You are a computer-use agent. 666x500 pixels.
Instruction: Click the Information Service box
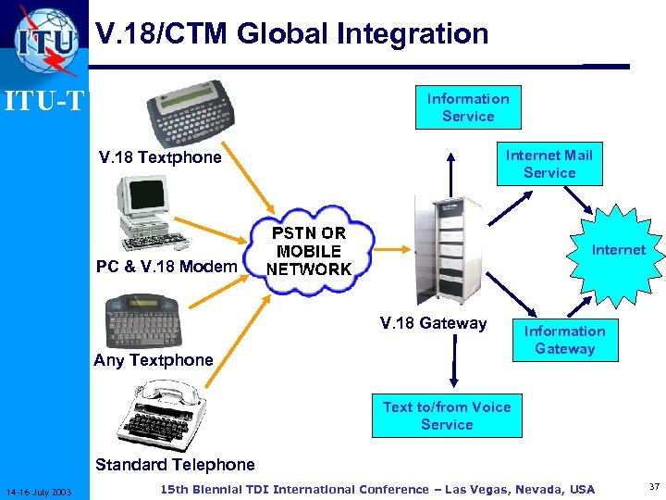[x=468, y=107]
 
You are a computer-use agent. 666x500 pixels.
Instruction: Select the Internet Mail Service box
[x=549, y=164]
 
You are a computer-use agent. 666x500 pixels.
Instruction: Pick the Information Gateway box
[x=564, y=340]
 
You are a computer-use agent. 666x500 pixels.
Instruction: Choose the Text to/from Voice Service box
[x=447, y=416]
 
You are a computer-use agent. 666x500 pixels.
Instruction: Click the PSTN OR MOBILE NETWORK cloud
[x=309, y=251]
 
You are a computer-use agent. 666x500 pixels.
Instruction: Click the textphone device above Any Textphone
[x=148, y=319]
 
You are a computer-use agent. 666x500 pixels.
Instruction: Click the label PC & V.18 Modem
[x=166, y=267]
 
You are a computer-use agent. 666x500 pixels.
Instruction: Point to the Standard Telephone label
[x=175, y=464]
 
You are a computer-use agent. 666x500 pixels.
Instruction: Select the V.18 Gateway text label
[x=434, y=323]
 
